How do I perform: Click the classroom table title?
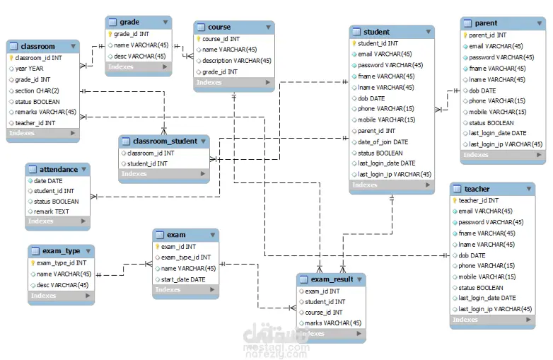(x=38, y=47)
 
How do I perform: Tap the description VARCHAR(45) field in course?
(x=236, y=61)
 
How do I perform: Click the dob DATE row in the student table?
(x=371, y=98)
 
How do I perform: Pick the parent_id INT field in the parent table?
(x=487, y=35)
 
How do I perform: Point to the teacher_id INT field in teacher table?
(x=478, y=200)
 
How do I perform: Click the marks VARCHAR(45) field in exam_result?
(x=333, y=323)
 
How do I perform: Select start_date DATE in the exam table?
(x=182, y=279)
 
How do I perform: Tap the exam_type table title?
(x=62, y=251)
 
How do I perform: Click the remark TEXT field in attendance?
(x=52, y=211)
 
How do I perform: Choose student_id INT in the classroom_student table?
(x=147, y=163)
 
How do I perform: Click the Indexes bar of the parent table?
(x=502, y=155)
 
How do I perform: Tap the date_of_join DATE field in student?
(x=383, y=141)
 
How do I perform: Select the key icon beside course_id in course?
(x=199, y=40)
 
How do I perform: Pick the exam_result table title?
(x=332, y=279)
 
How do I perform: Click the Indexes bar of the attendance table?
(x=57, y=221)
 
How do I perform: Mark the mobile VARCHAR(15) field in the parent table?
(x=497, y=112)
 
